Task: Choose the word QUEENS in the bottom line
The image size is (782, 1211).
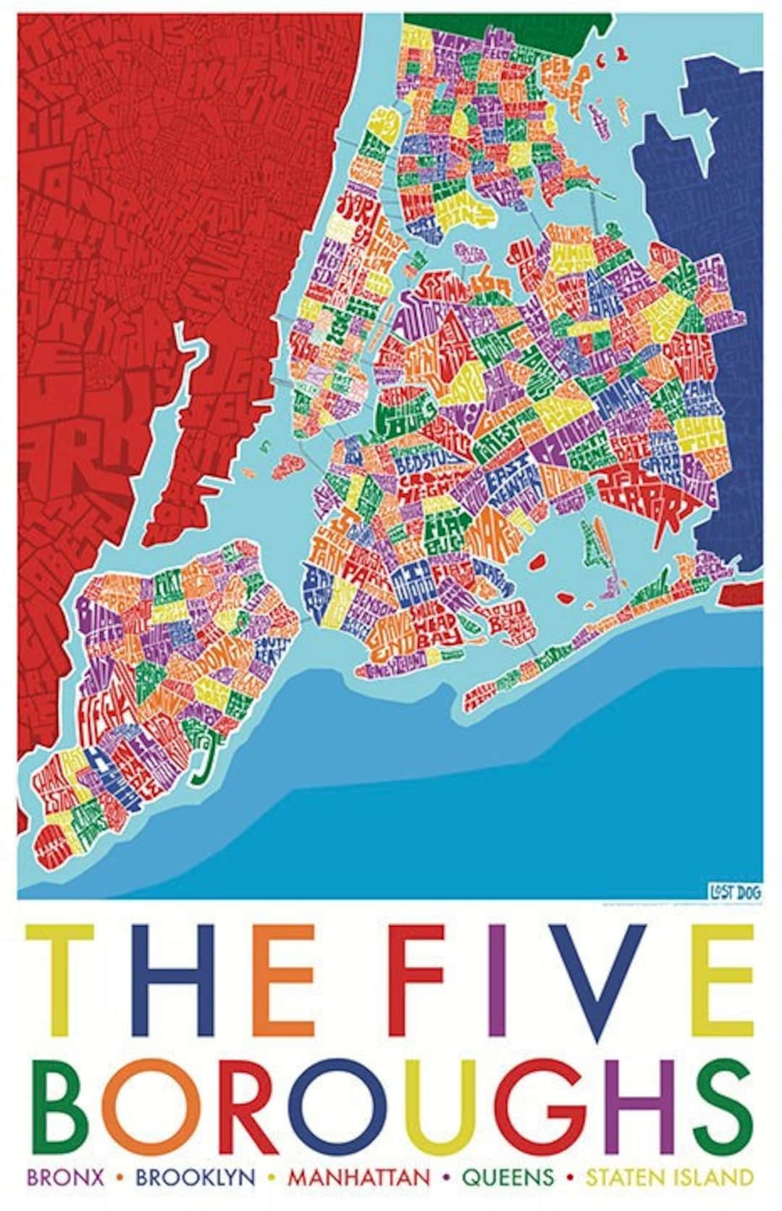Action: tap(508, 1177)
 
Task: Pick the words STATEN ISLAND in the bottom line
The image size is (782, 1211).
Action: tap(670, 1177)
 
